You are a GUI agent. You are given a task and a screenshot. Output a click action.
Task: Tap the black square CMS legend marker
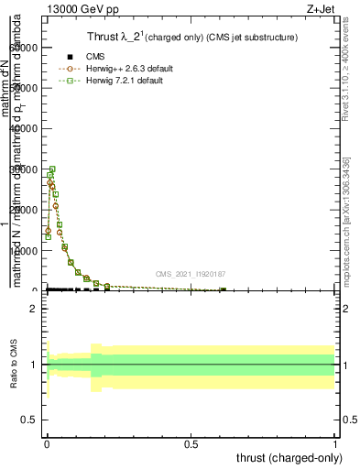point(70,57)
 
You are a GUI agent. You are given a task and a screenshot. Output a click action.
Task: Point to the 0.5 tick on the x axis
point(191,443)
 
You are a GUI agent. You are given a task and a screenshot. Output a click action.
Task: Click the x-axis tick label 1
point(334,443)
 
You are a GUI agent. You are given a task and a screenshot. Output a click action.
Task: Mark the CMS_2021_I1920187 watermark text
point(190,273)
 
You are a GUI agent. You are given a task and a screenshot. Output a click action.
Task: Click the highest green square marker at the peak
point(52,169)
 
